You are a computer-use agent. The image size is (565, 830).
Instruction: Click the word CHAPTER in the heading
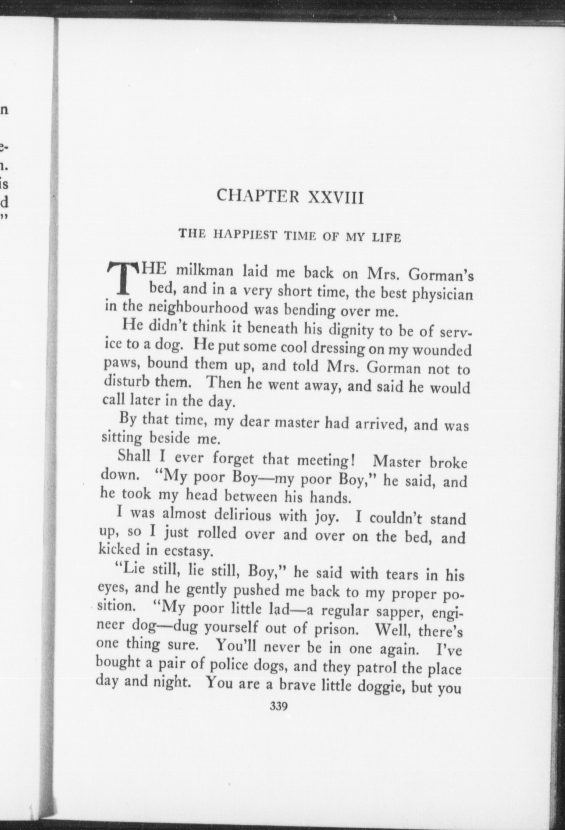[258, 196]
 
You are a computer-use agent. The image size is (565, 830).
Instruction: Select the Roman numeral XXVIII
[336, 197]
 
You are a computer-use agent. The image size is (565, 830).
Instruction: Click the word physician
[443, 295]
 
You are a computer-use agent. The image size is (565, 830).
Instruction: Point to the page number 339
[278, 707]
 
